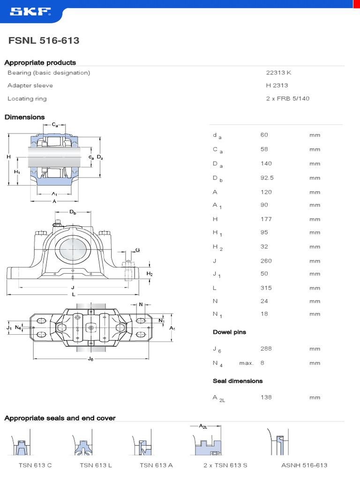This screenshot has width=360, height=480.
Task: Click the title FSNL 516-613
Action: (44, 41)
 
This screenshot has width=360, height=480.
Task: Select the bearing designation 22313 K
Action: (279, 73)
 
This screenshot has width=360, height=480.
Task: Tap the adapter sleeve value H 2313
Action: (277, 85)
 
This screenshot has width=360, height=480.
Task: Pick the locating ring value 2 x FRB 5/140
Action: (287, 98)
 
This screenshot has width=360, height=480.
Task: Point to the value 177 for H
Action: (266, 219)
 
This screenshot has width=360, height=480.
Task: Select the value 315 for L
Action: (266, 288)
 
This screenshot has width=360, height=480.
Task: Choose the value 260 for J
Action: (266, 261)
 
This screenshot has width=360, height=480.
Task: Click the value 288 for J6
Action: (266, 348)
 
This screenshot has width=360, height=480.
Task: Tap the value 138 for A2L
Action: (266, 397)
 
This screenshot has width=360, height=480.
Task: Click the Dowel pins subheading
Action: (229, 332)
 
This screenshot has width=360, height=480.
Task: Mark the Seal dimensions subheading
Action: (238, 381)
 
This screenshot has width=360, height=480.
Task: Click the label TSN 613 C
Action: (35, 465)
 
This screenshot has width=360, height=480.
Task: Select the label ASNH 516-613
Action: (304, 465)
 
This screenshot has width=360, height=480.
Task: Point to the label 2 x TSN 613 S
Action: (225, 465)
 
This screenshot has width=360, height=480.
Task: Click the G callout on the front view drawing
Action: (137, 250)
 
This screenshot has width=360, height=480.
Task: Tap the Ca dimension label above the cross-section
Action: (55, 125)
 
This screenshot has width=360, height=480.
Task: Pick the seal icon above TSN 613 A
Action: (142, 446)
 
